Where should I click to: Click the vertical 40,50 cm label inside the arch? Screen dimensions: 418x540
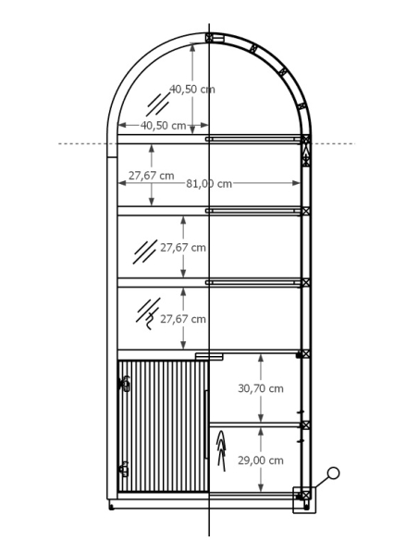pos(192,89)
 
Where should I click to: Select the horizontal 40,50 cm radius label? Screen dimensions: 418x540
pos(163,126)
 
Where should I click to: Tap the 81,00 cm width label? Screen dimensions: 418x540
pos(209,184)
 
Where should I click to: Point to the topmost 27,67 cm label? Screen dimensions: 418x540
pos(152,176)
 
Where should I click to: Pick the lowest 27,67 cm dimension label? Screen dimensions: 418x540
pos(183,319)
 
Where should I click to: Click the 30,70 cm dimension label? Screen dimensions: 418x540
pos(261,388)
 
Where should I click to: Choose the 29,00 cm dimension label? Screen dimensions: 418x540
pos(261,460)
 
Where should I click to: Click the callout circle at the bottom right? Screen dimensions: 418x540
pos(333,472)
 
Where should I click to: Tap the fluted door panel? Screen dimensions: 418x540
pos(163,426)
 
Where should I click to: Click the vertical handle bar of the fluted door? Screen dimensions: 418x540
pos(206,424)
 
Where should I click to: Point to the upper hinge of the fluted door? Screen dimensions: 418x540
pos(125,384)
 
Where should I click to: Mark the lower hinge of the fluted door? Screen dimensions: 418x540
pos(123,470)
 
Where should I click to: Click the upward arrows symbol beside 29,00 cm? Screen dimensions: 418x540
pos(221,451)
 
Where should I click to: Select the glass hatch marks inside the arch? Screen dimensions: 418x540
pos(158,104)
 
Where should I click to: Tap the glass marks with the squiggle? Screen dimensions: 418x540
pos(148,313)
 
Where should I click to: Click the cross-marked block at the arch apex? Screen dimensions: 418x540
pos(209,37)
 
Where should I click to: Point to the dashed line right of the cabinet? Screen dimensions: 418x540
pos(333,143)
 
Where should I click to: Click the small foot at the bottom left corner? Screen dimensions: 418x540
pos(111,507)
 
